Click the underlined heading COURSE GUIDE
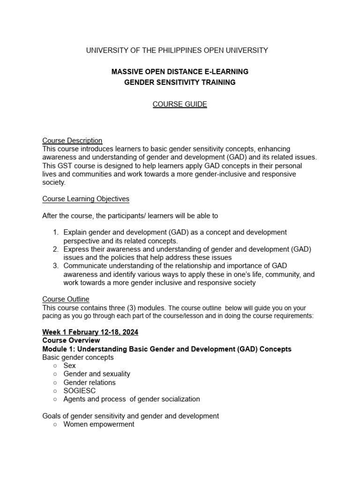click(x=180, y=104)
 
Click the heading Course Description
click(x=72, y=140)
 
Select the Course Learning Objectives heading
click(x=86, y=199)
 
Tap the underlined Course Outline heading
click(x=66, y=299)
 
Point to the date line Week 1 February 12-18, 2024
click(x=90, y=332)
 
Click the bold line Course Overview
click(x=71, y=340)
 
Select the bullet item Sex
click(x=69, y=366)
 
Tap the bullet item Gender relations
click(x=89, y=382)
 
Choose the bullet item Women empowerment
click(x=98, y=424)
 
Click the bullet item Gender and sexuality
click(x=97, y=374)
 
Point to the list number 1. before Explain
click(x=55, y=232)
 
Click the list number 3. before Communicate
click(x=55, y=266)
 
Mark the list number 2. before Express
click(x=55, y=249)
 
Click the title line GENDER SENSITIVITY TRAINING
click(x=180, y=82)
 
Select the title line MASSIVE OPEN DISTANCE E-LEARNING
click(x=180, y=72)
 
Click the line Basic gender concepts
click(x=78, y=357)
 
